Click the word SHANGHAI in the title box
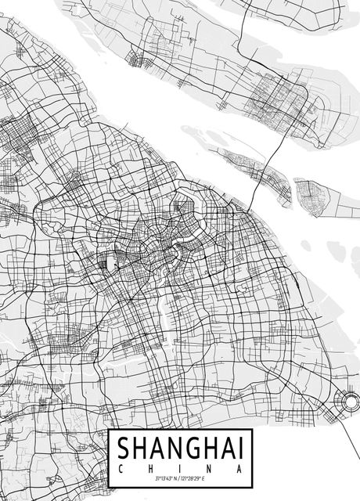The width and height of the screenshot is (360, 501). tap(179, 449)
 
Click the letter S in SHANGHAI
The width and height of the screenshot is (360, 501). tap(124, 449)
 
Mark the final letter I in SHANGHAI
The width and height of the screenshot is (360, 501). tap(237, 449)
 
